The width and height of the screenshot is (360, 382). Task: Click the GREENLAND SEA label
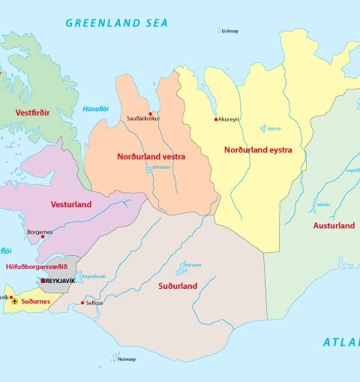115,23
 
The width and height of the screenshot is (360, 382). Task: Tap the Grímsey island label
229,31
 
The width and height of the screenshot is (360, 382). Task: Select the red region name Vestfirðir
32,113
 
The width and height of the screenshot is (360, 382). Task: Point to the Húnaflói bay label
97,110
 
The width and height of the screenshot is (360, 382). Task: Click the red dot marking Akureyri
216,119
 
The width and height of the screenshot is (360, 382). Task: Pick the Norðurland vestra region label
151,157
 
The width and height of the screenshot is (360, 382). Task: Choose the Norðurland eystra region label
258,150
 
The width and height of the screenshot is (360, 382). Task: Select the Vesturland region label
70,204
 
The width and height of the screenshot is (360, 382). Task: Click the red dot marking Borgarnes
43,237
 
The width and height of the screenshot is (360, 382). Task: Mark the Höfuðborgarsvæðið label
37,266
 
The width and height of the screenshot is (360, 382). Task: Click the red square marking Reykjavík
43,281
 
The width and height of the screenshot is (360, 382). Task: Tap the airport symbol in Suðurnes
14,301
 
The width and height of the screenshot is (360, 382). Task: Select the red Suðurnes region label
35,301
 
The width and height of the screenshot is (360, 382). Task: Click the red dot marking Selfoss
82,302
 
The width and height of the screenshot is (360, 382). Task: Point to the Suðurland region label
178,286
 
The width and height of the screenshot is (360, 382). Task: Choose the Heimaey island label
127,359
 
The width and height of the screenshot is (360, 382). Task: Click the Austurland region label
334,225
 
